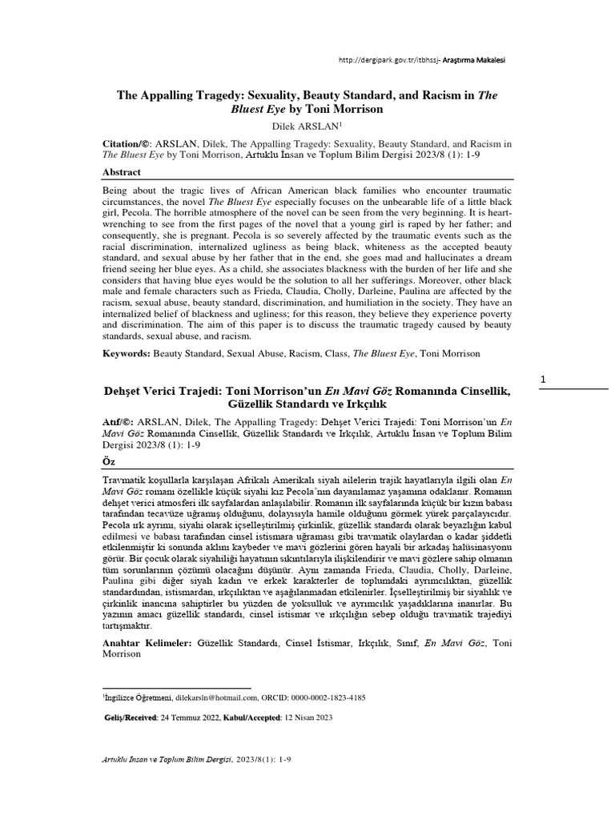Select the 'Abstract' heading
[x=122, y=172]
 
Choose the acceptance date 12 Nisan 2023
[x=307, y=717]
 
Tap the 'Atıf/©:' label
[x=119, y=419]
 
